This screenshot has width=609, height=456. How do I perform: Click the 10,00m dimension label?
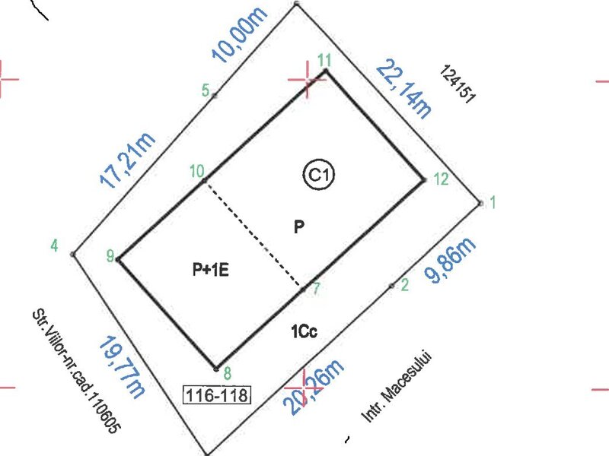[x=240, y=34]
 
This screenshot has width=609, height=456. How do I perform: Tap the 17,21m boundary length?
[x=127, y=160]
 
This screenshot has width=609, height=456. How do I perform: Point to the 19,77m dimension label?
[x=122, y=367]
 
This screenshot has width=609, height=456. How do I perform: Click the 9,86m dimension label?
[x=450, y=260]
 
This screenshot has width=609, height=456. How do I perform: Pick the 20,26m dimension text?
[x=314, y=388]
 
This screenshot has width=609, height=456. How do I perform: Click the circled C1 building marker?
[x=318, y=175]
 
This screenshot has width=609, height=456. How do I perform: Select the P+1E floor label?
[x=211, y=269]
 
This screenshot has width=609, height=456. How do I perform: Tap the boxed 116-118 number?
[x=217, y=395]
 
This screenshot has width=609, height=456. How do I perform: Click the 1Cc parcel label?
[x=304, y=331]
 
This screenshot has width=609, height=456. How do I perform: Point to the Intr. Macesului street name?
[x=397, y=387]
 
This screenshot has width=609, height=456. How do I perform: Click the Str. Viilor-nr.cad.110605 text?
[x=76, y=371]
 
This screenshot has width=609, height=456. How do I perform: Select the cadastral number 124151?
[x=458, y=84]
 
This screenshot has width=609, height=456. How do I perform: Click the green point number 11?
[x=325, y=61]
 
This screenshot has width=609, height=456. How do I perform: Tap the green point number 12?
[x=441, y=179]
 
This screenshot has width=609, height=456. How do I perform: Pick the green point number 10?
[x=197, y=170]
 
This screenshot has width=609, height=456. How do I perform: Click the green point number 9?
[x=110, y=256]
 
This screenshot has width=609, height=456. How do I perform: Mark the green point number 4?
[x=54, y=245]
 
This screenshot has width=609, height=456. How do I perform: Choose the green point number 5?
[x=206, y=90]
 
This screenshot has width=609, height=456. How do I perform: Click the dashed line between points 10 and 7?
[x=253, y=235]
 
